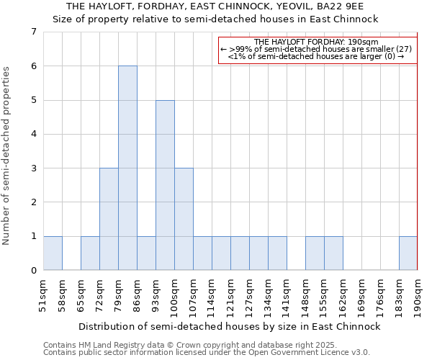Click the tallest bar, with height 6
point(127,168)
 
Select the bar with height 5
point(165,185)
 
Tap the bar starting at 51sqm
point(53,253)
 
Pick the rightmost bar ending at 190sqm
point(408,253)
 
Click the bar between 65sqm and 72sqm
point(90,253)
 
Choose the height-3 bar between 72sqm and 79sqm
point(109,219)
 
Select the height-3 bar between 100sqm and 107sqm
point(184,219)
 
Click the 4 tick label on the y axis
point(33,134)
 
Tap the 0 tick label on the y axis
point(33,271)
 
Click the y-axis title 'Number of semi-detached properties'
point(7,156)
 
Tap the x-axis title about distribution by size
point(229,326)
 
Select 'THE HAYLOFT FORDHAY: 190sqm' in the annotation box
point(317,42)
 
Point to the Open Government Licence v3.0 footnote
point(207,353)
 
